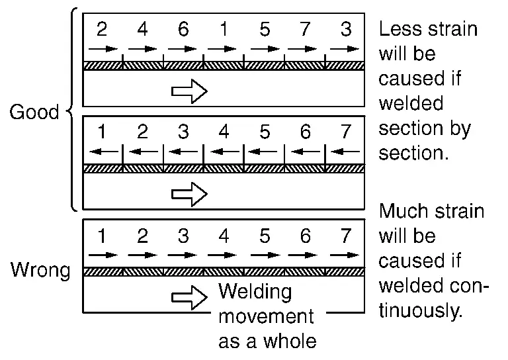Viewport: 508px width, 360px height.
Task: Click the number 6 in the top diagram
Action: pos(183,30)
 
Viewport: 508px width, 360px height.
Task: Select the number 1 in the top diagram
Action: pos(224,30)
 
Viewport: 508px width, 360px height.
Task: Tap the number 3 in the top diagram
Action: pos(346,30)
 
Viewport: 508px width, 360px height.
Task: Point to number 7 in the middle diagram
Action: pos(346,132)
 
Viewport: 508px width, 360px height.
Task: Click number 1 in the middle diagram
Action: pos(102,132)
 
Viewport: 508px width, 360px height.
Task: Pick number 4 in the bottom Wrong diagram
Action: pos(224,236)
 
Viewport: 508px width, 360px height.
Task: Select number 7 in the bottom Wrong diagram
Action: pos(346,236)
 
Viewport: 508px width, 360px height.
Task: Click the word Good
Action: pos(34,112)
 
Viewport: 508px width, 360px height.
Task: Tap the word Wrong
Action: pos(40,271)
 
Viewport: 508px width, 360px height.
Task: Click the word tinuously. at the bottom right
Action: pos(420,310)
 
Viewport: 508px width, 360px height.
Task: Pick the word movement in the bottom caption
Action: pos(266,316)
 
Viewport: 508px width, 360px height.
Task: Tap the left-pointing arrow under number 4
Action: pos(224,152)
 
